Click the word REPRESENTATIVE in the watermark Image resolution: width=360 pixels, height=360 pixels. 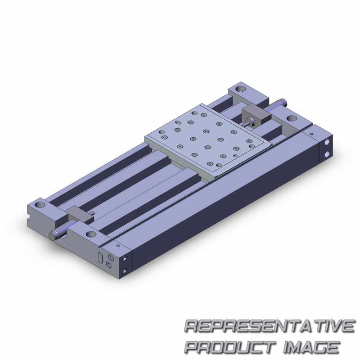tap(270, 326)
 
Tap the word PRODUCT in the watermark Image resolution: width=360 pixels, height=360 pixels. tap(230, 347)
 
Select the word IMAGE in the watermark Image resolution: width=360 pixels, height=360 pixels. tap(311, 347)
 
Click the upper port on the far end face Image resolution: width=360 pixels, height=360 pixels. tap(327, 142)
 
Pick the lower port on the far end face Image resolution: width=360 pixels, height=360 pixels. tap(327, 154)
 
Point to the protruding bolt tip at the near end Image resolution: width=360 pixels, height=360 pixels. tap(53, 236)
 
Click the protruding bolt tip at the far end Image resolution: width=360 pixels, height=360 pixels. tap(284, 100)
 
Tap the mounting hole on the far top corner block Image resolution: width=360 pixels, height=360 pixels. tap(241, 88)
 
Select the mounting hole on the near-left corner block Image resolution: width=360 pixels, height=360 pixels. tap(40, 204)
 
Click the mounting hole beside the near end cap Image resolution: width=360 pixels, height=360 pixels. tap(91, 234)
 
